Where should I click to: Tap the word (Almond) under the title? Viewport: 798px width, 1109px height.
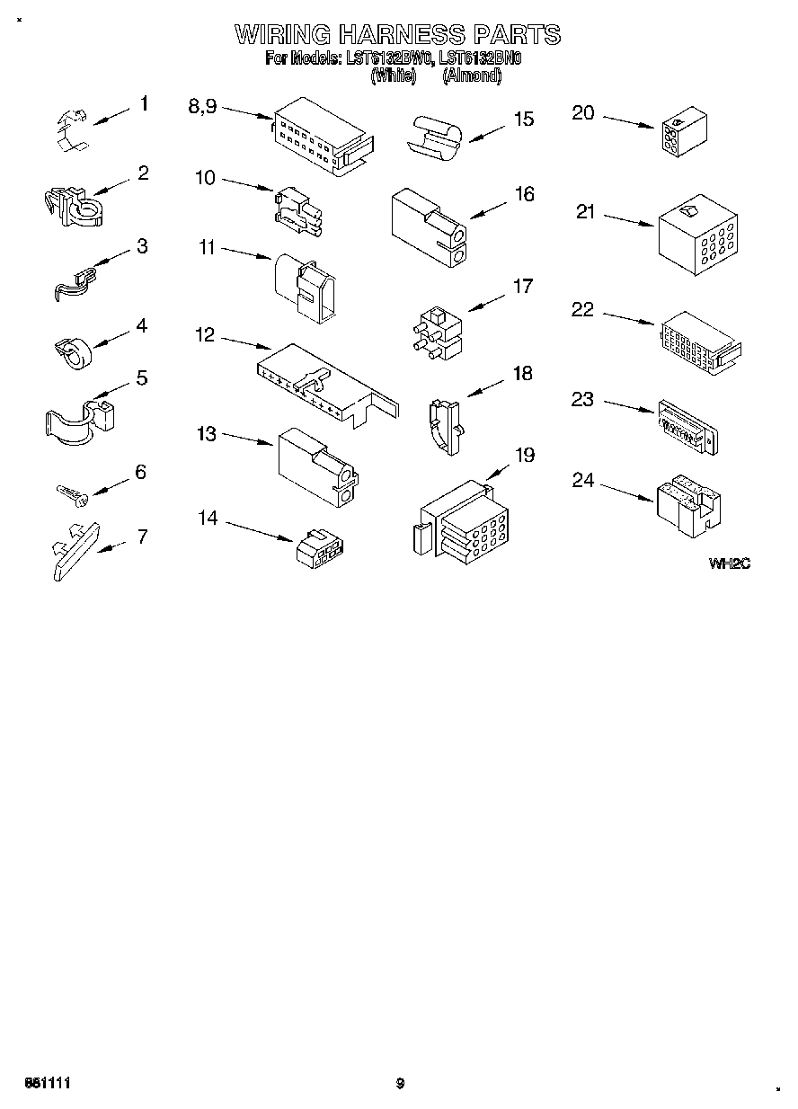point(472,76)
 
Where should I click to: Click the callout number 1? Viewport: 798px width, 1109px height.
point(143,104)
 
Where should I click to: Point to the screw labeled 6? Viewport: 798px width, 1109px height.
point(70,492)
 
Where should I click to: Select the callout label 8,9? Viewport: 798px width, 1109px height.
point(202,106)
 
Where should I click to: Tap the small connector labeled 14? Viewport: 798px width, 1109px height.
point(322,547)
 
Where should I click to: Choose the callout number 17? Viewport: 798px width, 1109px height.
point(522,287)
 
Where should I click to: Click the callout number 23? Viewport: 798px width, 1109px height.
point(582,398)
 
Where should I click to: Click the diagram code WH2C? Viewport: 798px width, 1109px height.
point(729,563)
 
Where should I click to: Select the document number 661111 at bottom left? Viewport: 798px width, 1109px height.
point(46,1084)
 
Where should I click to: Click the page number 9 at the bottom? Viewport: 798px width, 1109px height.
point(400,1084)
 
